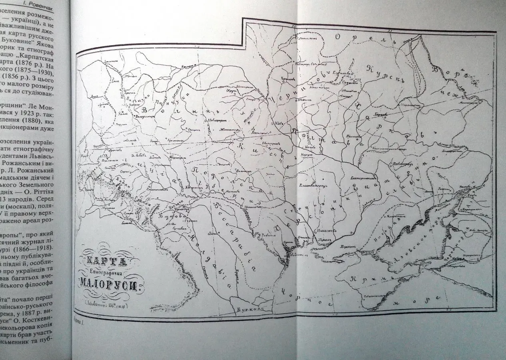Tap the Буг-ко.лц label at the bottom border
[x=246, y=309]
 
